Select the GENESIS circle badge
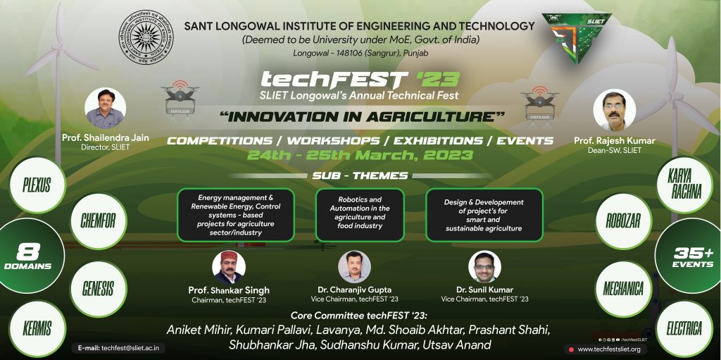(98, 288)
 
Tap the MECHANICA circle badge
(623, 288)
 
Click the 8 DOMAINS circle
(28, 256)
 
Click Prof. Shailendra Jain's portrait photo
(105, 108)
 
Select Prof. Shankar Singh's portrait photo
(229, 267)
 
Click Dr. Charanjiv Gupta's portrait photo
(354, 267)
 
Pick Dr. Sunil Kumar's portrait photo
(484, 267)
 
